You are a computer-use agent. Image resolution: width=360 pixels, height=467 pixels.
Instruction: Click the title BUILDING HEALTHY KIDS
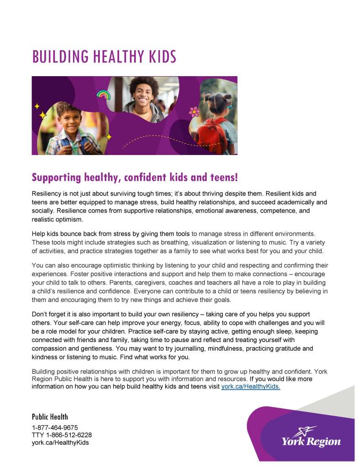(x=104, y=57)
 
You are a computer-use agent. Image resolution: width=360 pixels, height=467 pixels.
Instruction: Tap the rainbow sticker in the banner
(x=103, y=94)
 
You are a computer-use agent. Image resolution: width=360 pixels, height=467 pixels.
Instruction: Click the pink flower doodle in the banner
(x=194, y=111)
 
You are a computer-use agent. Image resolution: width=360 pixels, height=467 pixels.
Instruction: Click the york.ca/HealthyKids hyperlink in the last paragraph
(x=250, y=386)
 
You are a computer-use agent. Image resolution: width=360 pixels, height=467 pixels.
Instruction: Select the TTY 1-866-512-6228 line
(x=62, y=435)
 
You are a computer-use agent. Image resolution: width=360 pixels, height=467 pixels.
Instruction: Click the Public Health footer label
(x=50, y=417)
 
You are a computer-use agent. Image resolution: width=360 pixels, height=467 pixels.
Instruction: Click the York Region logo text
(x=311, y=441)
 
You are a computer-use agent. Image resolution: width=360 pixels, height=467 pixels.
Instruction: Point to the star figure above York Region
(x=304, y=431)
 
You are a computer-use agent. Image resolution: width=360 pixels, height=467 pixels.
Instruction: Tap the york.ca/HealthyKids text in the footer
(x=60, y=442)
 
